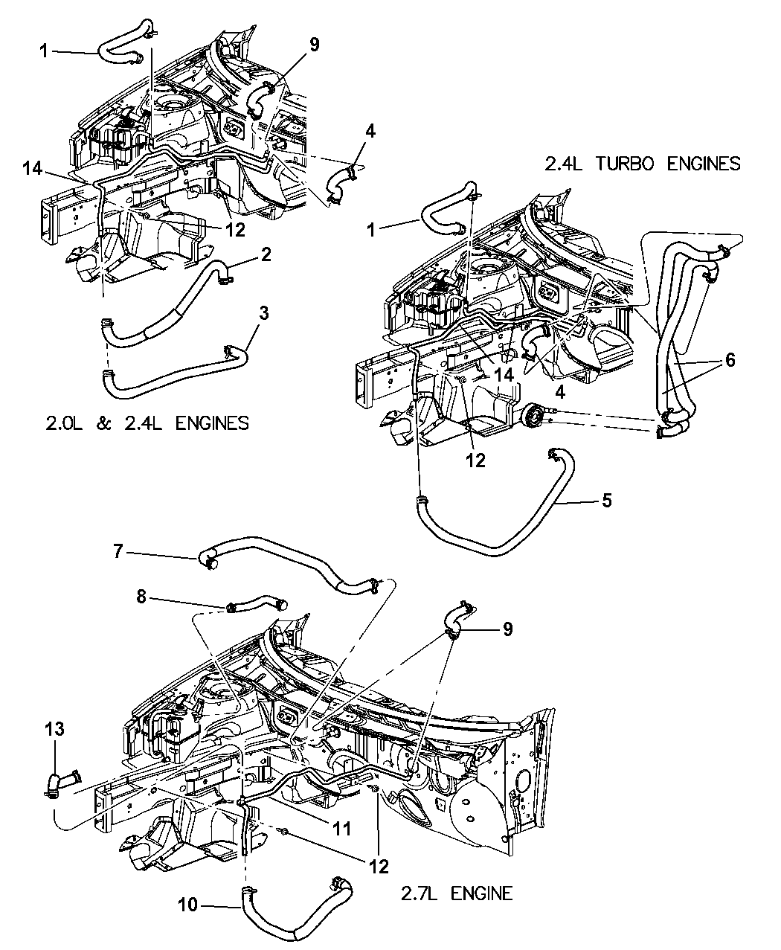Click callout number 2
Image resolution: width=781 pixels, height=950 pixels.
click(266, 254)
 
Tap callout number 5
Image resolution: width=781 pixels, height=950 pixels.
click(607, 500)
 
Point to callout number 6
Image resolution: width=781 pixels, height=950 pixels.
click(730, 360)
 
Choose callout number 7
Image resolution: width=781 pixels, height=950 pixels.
click(118, 553)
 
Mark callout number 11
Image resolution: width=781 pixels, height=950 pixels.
click(342, 827)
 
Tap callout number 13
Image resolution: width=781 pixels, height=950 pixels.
click(55, 730)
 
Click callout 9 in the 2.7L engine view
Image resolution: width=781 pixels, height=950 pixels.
click(507, 629)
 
